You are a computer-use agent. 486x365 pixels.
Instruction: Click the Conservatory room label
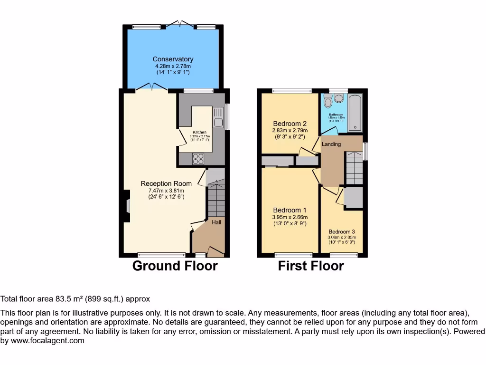pyautogui.click(x=173, y=59)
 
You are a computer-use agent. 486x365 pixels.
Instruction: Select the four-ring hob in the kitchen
pyautogui.click(x=198, y=159)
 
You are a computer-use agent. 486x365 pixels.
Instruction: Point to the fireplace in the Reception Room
pyautogui.click(x=127, y=205)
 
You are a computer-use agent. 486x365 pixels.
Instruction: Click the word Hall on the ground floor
pyautogui.click(x=216, y=222)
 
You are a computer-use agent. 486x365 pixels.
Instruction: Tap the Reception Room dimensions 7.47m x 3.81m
pyautogui.click(x=166, y=191)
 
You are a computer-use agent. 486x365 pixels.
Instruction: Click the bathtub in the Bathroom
pyautogui.click(x=355, y=113)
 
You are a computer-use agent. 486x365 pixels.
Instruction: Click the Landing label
pyautogui.click(x=331, y=144)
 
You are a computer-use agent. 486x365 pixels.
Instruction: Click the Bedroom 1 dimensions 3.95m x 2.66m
pyautogui.click(x=290, y=217)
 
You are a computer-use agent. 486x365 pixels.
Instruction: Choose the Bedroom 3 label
pyautogui.click(x=342, y=232)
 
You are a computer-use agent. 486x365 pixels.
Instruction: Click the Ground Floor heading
pyautogui.click(x=175, y=266)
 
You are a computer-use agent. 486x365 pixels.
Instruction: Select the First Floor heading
pyautogui.click(x=311, y=266)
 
